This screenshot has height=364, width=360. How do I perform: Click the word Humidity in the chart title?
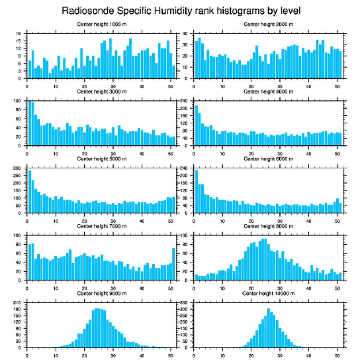pos(172,10)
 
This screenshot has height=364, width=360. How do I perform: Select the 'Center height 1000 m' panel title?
pos(101,24)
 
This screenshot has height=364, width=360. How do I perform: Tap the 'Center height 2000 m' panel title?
pos(268,24)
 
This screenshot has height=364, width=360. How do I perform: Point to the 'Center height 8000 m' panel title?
pos(268,226)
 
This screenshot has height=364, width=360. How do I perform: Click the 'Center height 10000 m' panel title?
pos(268,293)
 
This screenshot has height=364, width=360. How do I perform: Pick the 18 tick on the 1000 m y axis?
pos(19,34)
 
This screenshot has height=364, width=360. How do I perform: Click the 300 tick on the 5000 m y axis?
pos(18,168)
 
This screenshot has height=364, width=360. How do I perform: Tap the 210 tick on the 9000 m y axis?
pos(18,303)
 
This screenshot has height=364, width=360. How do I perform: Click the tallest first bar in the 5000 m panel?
pos(30,191)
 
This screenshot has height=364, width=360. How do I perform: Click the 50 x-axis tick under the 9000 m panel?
pos(171,354)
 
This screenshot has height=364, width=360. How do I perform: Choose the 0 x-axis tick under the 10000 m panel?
pos(194,354)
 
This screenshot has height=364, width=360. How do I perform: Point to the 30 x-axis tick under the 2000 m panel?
pos(280,85)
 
